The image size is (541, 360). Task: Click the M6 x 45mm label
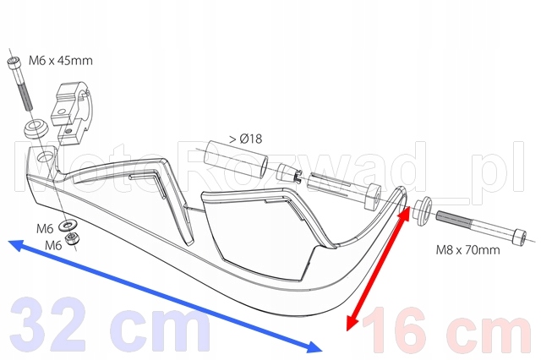61,61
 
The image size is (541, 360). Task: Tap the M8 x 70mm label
467,249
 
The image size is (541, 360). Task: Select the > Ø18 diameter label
246,139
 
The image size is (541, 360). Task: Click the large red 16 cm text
446,330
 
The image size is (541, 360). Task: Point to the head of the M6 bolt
14,63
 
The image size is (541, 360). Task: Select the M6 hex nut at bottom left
71,238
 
